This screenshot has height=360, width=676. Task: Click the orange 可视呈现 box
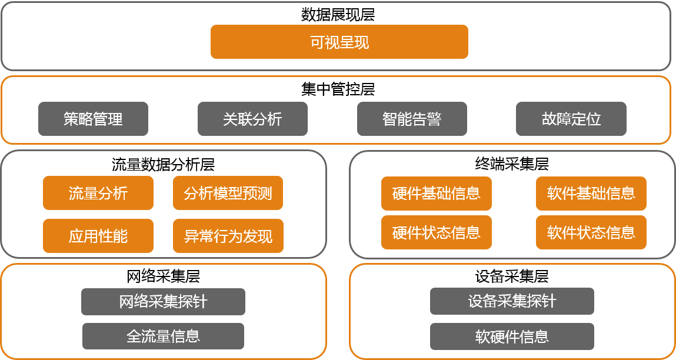(339, 42)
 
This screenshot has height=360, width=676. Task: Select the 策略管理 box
(93, 119)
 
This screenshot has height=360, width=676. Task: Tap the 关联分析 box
(252, 119)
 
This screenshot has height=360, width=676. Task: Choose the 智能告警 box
(412, 119)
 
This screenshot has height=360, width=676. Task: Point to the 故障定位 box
(571, 119)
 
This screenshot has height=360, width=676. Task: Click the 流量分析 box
(98, 193)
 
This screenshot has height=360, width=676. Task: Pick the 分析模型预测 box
(228, 193)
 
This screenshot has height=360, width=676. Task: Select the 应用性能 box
(98, 236)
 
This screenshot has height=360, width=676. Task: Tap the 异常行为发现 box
(228, 236)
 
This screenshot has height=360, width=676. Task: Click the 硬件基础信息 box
(436, 193)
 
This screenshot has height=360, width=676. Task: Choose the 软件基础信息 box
(591, 193)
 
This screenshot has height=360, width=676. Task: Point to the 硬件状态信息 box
(436, 232)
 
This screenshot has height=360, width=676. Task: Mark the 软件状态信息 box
(591, 232)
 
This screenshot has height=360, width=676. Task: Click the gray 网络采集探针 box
(163, 302)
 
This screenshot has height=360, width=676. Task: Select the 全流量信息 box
(163, 336)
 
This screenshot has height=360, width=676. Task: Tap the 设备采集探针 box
(512, 301)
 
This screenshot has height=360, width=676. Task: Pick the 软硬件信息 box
(512, 336)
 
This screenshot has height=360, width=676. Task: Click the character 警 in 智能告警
(434, 119)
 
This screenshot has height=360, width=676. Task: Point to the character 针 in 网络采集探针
(200, 302)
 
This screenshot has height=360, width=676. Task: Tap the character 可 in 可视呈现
(317, 42)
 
